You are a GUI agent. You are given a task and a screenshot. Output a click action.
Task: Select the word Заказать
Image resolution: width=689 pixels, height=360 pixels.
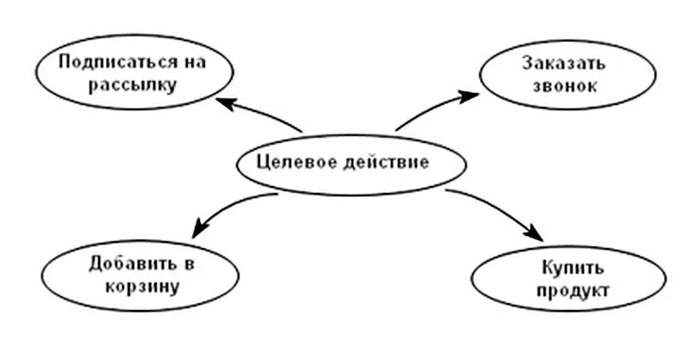pyautogui.click(x=564, y=63)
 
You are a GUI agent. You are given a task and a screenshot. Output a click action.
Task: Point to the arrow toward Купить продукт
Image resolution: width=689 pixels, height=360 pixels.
pyautogui.click(x=500, y=207)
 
